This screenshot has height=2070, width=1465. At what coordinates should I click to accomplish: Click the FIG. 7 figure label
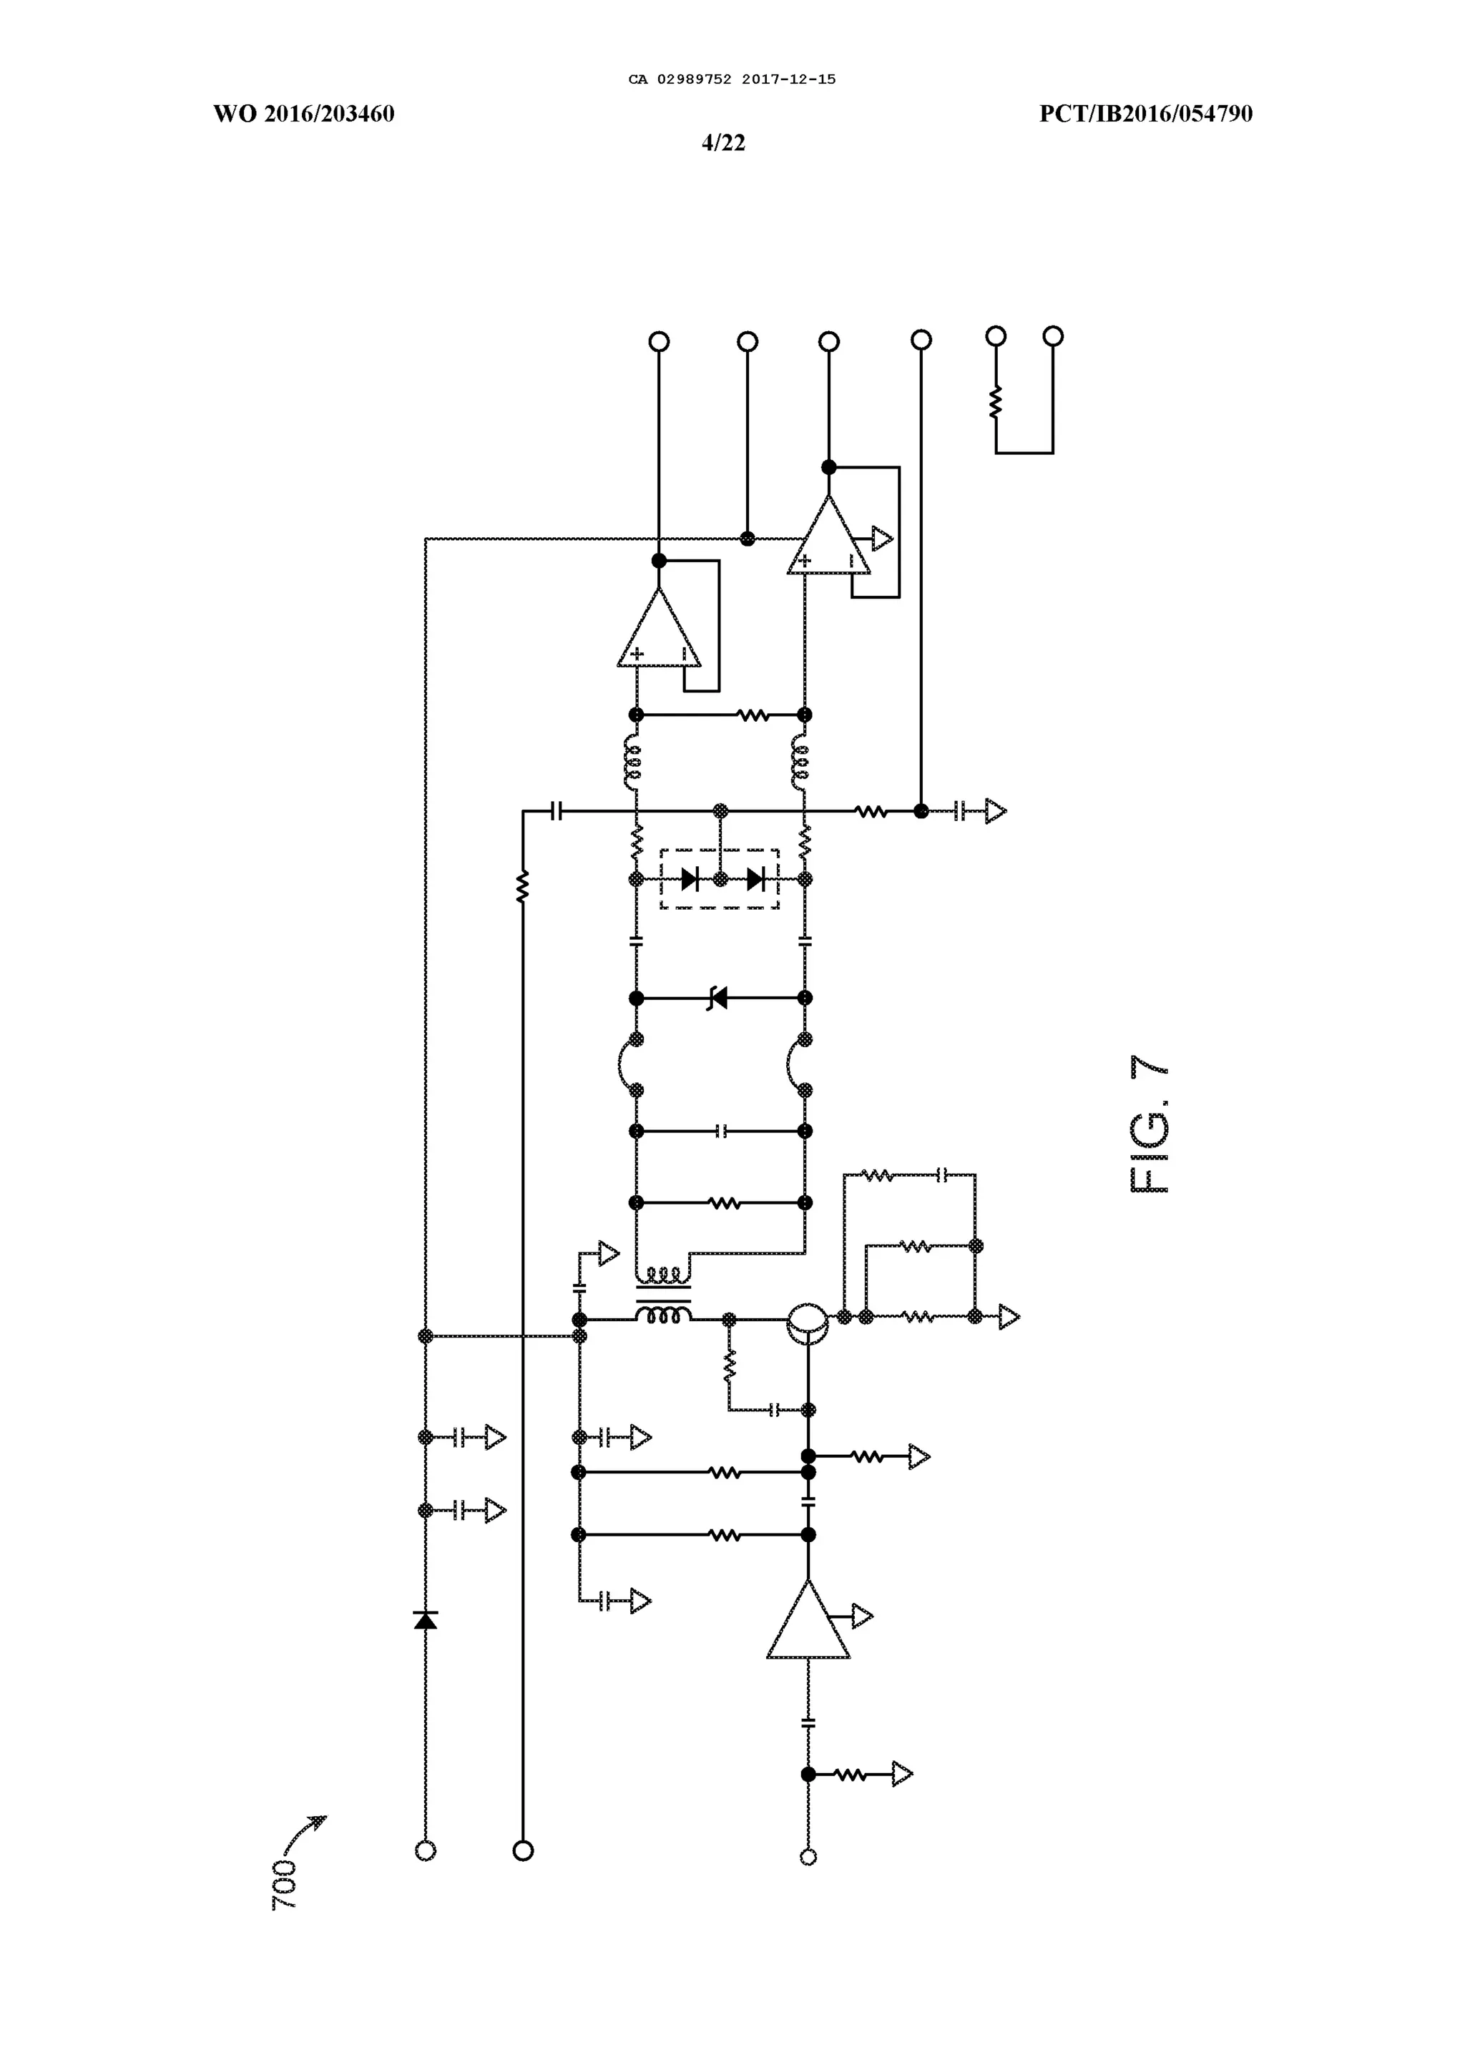coord(1150,1124)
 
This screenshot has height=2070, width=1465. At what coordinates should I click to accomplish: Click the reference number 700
coord(284,1883)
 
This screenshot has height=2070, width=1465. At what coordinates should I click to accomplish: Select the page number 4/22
coord(723,142)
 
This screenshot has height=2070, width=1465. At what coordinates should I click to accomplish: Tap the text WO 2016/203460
coord(304,114)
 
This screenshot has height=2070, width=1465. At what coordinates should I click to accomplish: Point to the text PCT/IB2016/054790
coord(1146,114)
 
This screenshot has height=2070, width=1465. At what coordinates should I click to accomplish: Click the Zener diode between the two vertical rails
coord(718,999)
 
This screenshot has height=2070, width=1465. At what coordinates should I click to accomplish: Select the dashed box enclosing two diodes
coord(720,878)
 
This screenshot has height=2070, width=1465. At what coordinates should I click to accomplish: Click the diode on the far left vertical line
coord(426,1619)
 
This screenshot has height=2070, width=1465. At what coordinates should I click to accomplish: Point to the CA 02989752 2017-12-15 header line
coord(732,79)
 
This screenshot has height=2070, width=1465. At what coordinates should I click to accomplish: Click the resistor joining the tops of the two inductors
coord(753,715)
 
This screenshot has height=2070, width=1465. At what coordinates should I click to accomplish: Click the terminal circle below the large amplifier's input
coord(808,1856)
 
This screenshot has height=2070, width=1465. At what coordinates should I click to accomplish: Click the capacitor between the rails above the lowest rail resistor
coord(720,1131)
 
